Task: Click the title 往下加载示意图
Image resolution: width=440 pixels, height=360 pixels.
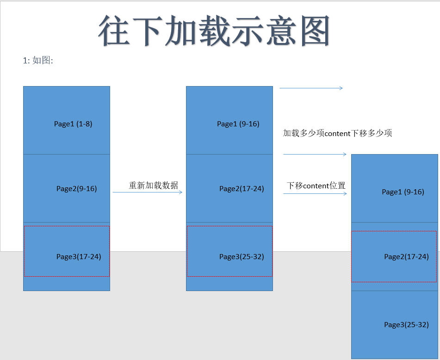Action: pyautogui.click(x=214, y=31)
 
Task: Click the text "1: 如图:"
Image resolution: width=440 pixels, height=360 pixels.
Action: pyautogui.click(x=38, y=61)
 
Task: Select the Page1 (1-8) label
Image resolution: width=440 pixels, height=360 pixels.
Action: pyautogui.click(x=73, y=124)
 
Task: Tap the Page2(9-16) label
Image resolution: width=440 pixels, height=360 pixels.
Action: pyautogui.click(x=76, y=188)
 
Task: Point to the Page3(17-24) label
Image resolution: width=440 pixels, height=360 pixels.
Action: pyautogui.click(x=79, y=256)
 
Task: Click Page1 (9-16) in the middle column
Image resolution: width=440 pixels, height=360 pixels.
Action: pyautogui.click(x=238, y=124)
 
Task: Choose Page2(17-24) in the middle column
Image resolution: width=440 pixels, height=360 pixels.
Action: pyautogui.click(x=242, y=188)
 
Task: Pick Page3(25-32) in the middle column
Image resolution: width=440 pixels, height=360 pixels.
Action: pyautogui.click(x=242, y=256)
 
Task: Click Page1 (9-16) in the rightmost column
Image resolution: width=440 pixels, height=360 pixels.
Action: pyautogui.click(x=403, y=192)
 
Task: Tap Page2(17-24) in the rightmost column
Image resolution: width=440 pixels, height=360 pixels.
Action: pyautogui.click(x=406, y=256)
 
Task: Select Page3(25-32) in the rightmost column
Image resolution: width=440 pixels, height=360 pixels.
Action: pyautogui.click(x=406, y=324)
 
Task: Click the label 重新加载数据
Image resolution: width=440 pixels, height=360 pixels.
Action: pyautogui.click(x=153, y=185)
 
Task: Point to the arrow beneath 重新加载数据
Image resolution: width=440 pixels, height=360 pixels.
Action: pyautogui.click(x=148, y=192)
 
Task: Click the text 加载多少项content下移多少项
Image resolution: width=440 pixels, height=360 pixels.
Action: pyautogui.click(x=338, y=133)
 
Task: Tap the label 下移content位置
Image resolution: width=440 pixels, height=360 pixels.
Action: pyautogui.click(x=316, y=186)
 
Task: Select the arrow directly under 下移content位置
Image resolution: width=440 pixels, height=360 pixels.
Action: pyautogui.click(x=315, y=193)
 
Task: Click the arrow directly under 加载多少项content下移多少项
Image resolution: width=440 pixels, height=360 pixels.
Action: pyautogui.click(x=315, y=154)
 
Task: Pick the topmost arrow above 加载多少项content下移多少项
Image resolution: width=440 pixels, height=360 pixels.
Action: pyautogui.click(x=311, y=88)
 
